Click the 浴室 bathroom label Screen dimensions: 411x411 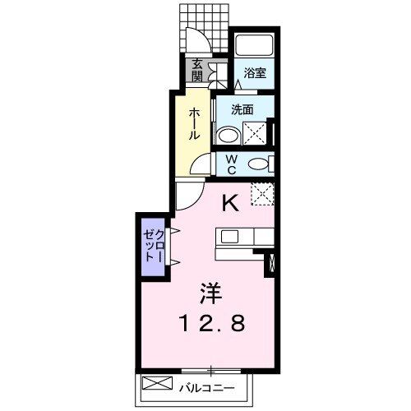253,73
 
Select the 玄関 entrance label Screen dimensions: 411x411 198,72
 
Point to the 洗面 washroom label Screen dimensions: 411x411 241,109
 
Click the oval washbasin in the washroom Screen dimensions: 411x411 228,134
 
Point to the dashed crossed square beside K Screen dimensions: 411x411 261,194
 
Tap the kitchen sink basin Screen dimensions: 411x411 229,236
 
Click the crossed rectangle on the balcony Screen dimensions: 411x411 156,383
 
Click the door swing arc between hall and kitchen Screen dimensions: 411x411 187,194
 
